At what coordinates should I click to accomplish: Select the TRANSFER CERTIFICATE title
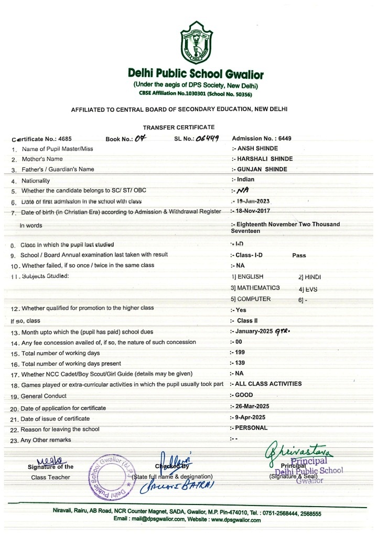(x=179, y=127)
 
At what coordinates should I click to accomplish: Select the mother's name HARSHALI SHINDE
(x=264, y=158)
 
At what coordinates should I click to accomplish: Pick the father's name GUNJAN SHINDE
(x=263, y=169)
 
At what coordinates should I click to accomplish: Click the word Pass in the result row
(x=299, y=255)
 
